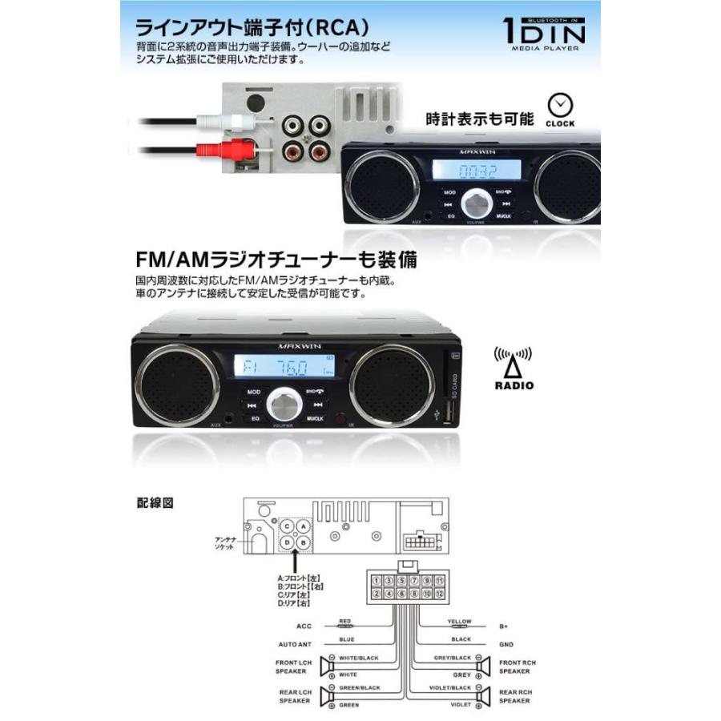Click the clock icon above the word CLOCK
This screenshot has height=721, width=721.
pyautogui.click(x=561, y=105)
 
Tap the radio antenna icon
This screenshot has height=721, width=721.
pyautogui.click(x=513, y=362)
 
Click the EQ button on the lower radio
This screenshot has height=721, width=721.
pyautogui.click(x=254, y=418)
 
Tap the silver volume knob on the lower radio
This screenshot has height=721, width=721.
pyautogui.click(x=286, y=404)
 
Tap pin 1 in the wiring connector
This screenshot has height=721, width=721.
pyautogui.click(x=376, y=581)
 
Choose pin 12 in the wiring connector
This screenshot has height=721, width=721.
pyautogui.click(x=440, y=594)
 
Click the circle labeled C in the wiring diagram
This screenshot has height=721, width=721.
pyautogui.click(x=287, y=527)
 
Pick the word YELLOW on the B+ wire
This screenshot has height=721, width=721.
pyautogui.click(x=459, y=622)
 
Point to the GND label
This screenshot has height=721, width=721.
pyautogui.click(x=506, y=644)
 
